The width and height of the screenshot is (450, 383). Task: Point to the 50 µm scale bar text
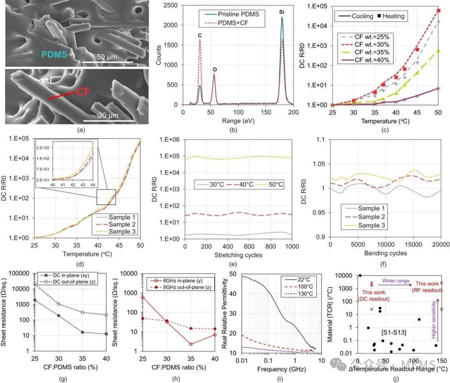coord(107,57)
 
